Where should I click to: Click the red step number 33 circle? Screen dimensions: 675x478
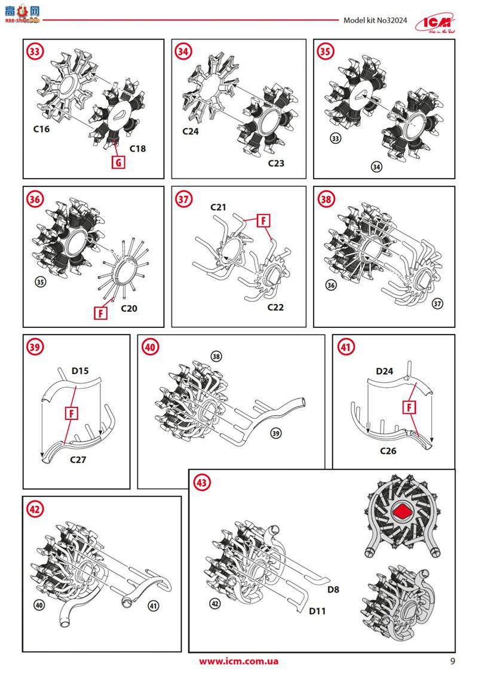point(35,52)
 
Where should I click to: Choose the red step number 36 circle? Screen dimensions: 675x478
point(35,200)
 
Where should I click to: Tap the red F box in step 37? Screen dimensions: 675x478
point(262,220)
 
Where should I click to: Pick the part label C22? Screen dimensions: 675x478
point(275,307)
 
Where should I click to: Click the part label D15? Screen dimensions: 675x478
point(80,371)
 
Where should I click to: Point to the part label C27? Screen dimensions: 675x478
point(79,459)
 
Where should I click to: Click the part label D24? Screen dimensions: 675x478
point(385,371)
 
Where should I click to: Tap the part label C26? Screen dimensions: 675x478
point(388,450)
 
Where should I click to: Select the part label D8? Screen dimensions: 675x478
point(333,590)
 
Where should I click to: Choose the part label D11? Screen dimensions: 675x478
point(317,612)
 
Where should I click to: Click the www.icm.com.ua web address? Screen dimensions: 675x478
point(238,661)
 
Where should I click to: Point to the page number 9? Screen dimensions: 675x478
point(452,661)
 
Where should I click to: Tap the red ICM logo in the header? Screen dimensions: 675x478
point(442,20)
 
